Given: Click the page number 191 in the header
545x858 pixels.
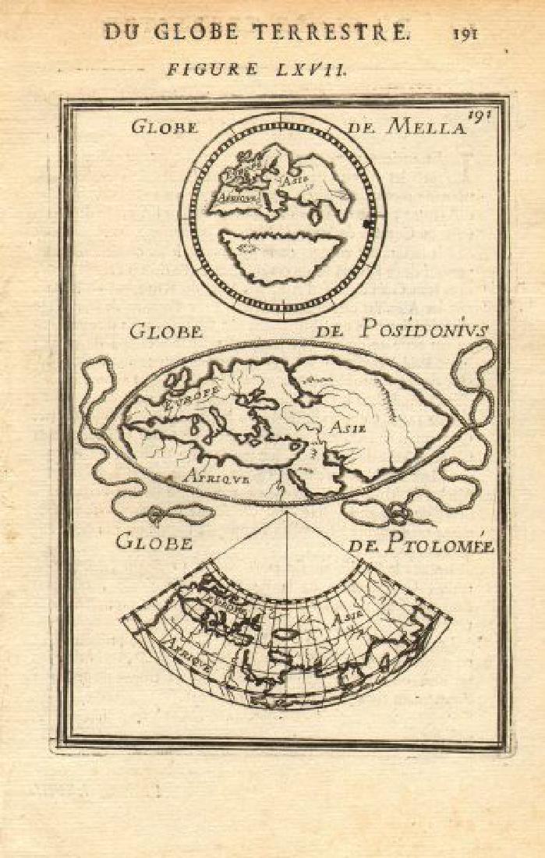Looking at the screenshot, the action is (x=463, y=33).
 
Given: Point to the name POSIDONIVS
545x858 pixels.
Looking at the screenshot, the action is (x=424, y=330).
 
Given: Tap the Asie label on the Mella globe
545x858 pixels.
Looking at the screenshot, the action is (x=296, y=179).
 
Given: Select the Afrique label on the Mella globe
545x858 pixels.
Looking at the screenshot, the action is (x=232, y=199).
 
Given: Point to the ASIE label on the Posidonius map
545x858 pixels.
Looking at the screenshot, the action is (x=346, y=427).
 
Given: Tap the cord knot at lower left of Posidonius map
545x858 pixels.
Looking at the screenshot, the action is (x=157, y=516).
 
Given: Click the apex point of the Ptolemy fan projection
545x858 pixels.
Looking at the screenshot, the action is (x=286, y=512).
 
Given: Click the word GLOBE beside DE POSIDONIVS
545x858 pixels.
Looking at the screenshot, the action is (x=166, y=331).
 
